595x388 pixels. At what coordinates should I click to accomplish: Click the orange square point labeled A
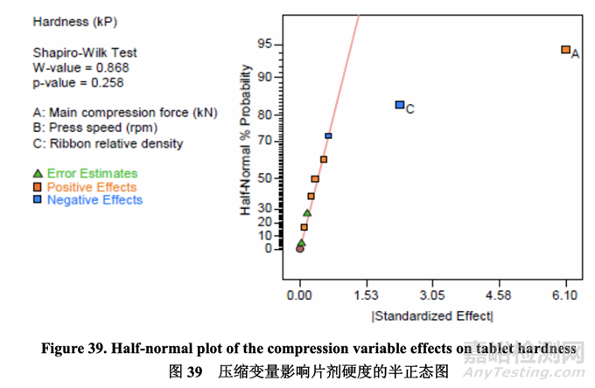(x=565, y=50)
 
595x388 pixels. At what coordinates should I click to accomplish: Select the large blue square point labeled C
(x=399, y=105)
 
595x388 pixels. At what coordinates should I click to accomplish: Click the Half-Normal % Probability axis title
(x=248, y=143)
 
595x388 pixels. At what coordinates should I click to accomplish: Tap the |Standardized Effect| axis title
(x=432, y=316)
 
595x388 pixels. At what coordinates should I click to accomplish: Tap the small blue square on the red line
(x=328, y=135)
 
